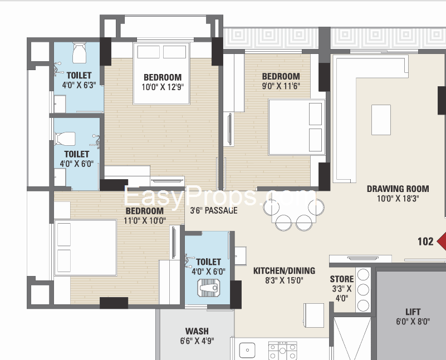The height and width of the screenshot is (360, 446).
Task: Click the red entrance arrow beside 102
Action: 441,241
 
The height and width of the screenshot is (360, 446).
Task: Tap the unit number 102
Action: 426,241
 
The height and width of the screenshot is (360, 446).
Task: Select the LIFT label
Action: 413,312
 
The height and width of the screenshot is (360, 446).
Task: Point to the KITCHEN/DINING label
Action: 284,271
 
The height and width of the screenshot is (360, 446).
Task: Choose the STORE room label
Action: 341,279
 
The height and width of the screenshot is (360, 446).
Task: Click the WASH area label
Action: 197,331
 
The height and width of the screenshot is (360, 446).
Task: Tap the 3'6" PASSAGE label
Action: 214,210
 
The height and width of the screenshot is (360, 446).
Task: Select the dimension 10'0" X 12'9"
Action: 162,87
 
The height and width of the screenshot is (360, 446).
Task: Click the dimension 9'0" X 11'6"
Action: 281,86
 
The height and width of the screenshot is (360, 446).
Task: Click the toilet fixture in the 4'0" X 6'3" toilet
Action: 79,55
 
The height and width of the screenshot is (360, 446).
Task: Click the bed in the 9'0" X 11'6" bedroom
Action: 297,127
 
